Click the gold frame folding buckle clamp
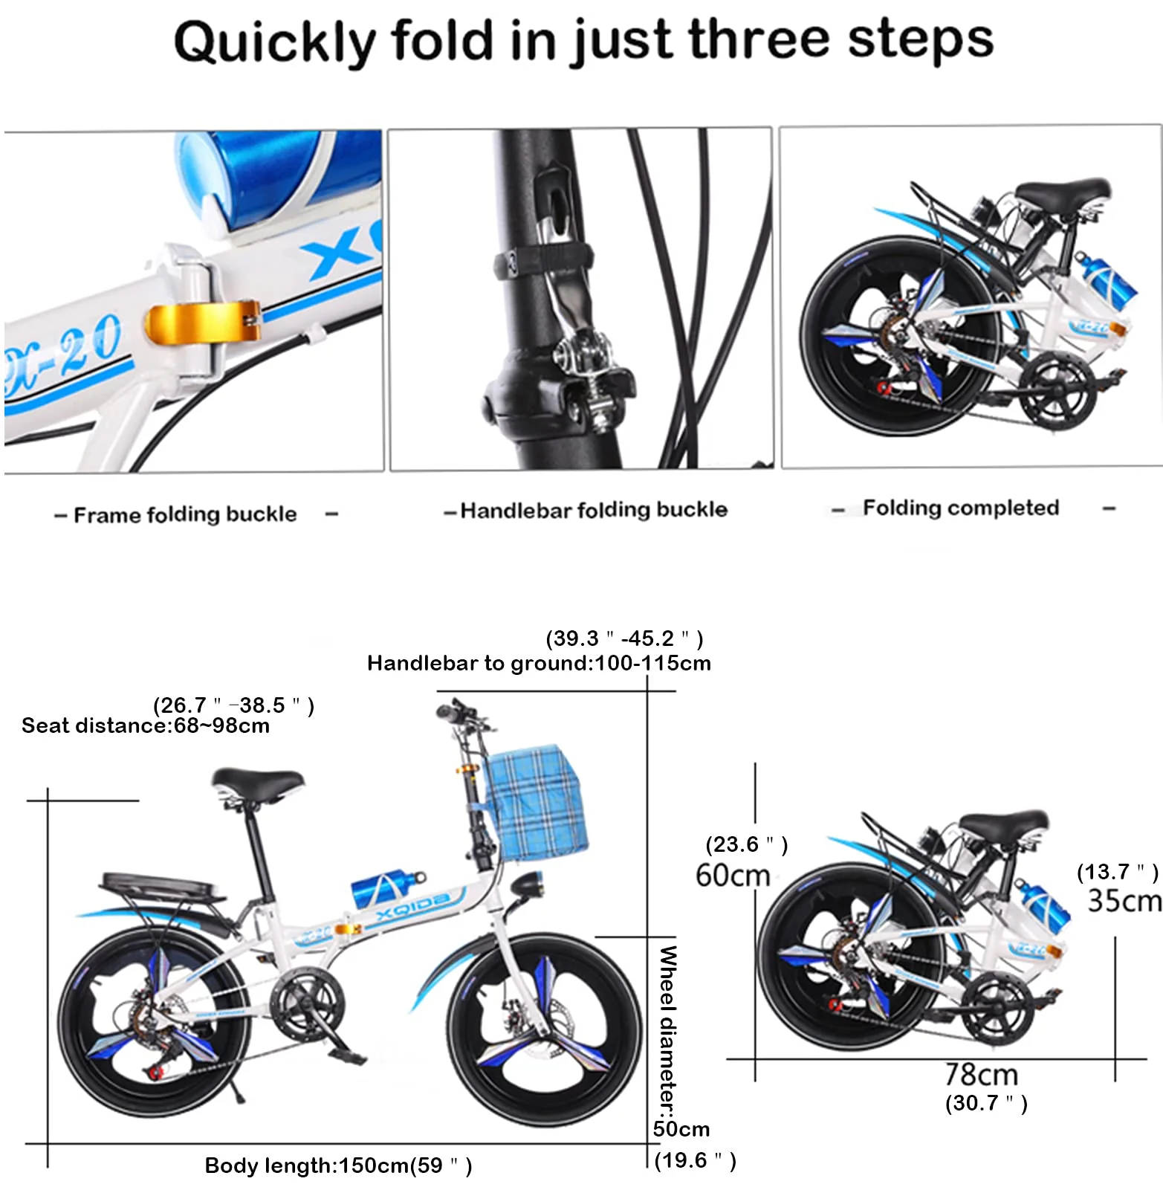pyautogui.click(x=202, y=322)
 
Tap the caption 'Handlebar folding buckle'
pyautogui.click(x=594, y=510)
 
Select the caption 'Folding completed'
pyautogui.click(x=961, y=508)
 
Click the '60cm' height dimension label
pyautogui.click(x=733, y=876)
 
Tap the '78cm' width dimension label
pyautogui.click(x=982, y=1075)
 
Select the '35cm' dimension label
pyautogui.click(x=1124, y=901)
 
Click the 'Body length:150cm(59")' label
pyautogui.click(x=338, y=1165)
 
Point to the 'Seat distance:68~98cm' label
pyautogui.click(x=146, y=725)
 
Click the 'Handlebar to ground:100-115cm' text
pyautogui.click(x=539, y=663)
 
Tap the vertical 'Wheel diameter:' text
pyautogui.click(x=667, y=1030)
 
